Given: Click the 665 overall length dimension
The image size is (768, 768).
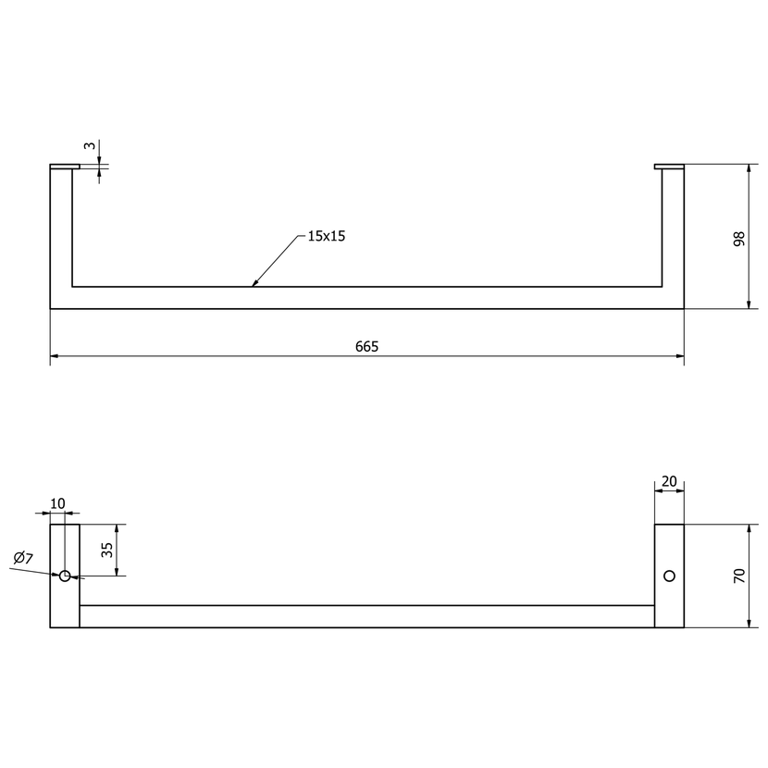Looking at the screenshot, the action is [366, 347].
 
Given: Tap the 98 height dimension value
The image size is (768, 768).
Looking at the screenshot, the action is [739, 239].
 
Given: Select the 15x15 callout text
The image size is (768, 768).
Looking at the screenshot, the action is [327, 236].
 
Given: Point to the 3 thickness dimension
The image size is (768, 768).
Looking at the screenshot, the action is [89, 145].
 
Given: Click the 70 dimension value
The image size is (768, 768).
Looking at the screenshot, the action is [739, 576].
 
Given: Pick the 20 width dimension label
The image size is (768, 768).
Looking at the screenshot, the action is [669, 481].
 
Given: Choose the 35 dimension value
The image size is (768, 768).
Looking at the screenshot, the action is [107, 550].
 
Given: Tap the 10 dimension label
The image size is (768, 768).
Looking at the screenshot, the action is [57, 503].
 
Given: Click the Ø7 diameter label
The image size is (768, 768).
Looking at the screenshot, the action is [23, 557].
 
